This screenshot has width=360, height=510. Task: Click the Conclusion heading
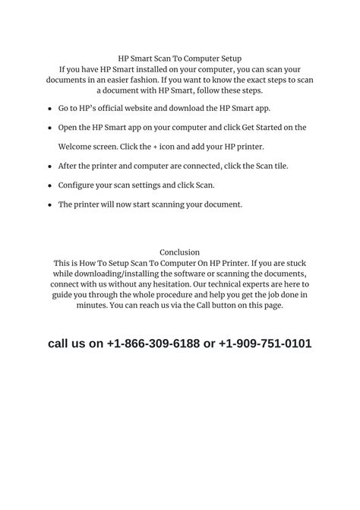point(180,252)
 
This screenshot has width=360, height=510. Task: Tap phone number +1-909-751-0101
point(264,344)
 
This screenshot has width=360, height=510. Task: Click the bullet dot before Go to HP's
point(50,109)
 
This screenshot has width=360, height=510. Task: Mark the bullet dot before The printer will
point(50,205)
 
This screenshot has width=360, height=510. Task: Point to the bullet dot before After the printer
point(50,166)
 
